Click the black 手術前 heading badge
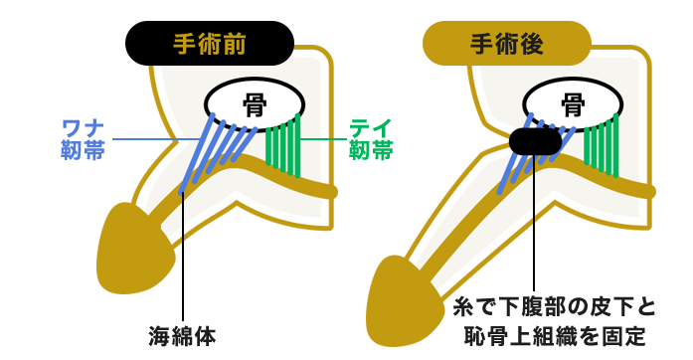210,45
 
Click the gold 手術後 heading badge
506,45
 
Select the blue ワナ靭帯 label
85,138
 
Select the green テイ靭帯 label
370,138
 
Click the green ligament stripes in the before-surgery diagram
284,147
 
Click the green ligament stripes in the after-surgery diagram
603,147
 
